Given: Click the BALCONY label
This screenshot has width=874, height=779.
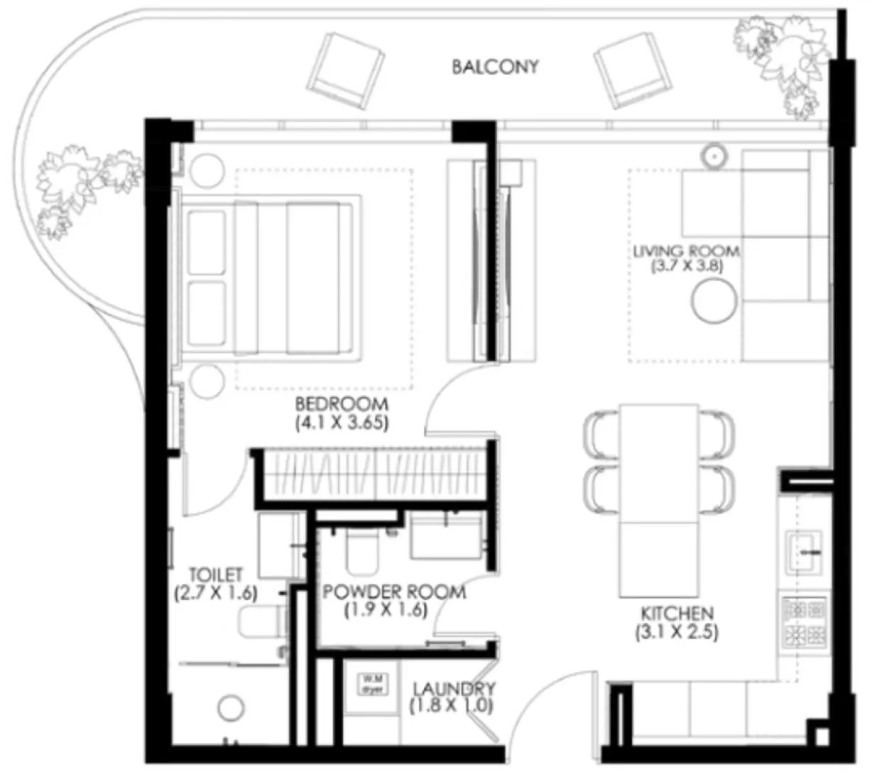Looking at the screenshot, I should (495, 67).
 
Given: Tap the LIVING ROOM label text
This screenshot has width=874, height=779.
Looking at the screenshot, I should (685, 251).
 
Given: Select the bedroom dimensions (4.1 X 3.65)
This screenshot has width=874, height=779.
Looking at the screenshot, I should (342, 423).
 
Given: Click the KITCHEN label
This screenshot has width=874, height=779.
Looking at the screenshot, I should (677, 613).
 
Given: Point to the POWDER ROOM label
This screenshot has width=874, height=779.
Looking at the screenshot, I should (394, 591).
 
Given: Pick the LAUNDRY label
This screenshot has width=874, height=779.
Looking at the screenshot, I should (454, 688).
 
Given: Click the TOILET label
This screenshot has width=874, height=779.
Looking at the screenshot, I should (215, 574).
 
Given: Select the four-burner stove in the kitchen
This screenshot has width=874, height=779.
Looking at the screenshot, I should (805, 622).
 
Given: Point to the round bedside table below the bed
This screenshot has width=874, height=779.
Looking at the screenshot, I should (206, 380).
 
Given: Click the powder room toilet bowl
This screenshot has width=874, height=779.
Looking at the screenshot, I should (363, 552).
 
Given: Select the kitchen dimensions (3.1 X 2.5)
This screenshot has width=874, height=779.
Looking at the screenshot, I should (677, 632).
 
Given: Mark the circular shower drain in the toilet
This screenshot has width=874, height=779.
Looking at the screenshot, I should (231, 707).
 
